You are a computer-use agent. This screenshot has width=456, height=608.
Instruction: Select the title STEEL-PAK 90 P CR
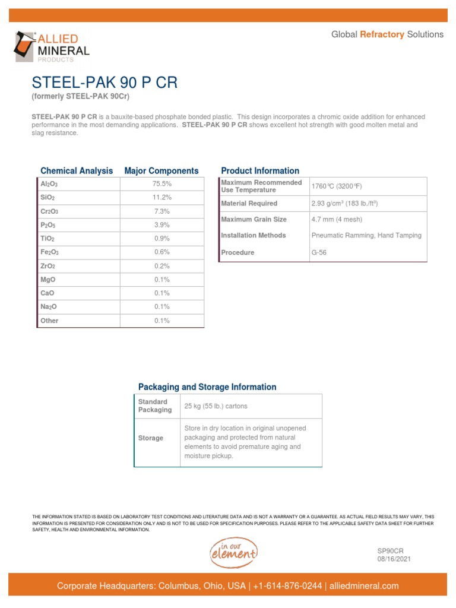pyautogui.click(x=104, y=83)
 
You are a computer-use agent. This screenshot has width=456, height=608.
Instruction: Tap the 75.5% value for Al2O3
pyautogui.click(x=161, y=184)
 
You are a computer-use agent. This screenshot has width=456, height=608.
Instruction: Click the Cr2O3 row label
pyautogui.click(x=49, y=211)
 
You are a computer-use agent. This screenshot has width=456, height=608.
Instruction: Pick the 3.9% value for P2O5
pyautogui.click(x=161, y=225)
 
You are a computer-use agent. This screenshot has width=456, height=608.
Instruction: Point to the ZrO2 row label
pyautogui.click(x=47, y=266)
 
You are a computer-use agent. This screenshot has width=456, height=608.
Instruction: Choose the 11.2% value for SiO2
pyautogui.click(x=161, y=198)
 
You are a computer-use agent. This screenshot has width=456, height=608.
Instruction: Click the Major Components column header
pyautogui.click(x=161, y=171)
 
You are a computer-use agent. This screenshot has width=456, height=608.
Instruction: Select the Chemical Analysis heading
pyautogui.click(x=77, y=171)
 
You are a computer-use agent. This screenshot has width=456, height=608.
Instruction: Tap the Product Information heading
pyautogui.click(x=260, y=171)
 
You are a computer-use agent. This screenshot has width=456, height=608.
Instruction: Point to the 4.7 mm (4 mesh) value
pyautogui.click(x=337, y=220)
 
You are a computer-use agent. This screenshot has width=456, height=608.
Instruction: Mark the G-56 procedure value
pyautogui.click(x=319, y=253)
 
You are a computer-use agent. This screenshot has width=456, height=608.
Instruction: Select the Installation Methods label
pyautogui.click(x=254, y=236)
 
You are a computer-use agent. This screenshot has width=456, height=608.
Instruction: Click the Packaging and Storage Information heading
pyautogui.click(x=207, y=387)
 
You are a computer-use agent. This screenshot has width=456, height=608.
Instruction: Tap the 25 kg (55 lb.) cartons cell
pyautogui.click(x=216, y=406)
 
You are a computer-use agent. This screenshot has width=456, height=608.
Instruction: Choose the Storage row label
pyautogui.click(x=151, y=438)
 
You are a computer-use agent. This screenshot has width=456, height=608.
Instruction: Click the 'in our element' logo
pyautogui.click(x=233, y=553)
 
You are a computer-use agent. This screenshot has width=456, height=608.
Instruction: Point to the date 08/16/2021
pyautogui.click(x=394, y=559)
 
